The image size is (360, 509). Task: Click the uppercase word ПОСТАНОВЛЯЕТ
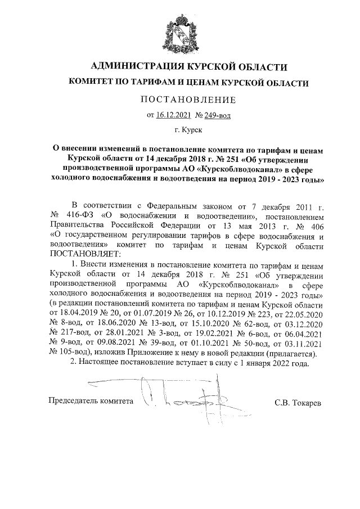[85, 254]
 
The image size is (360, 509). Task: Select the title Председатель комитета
[92, 402]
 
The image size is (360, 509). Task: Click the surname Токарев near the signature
[306, 403]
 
